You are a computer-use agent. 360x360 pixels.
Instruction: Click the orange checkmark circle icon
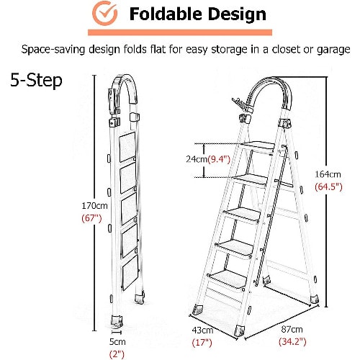pos(104,14)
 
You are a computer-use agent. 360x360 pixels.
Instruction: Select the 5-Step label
pos(36,81)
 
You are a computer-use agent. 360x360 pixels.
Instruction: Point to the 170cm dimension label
pos(94,206)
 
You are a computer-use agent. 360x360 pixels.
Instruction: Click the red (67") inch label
pos(92,218)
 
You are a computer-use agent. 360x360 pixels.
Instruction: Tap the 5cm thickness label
pos(117,341)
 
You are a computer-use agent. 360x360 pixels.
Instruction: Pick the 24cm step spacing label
pos(197,159)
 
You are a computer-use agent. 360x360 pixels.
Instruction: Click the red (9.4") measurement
pos(219,159)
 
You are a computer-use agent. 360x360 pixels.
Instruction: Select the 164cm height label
pos(328,174)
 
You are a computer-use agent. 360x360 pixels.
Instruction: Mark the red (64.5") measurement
pos(328,186)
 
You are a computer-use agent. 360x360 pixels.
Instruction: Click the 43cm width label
pos(202,330)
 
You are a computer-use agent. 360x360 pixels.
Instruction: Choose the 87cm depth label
pos(292,329)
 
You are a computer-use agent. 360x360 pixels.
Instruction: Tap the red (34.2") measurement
pos(292,341)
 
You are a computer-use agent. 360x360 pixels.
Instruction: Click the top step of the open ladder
pos(258,147)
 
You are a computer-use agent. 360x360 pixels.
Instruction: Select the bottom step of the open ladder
pos(227,279)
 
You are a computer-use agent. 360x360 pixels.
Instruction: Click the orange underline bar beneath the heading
pos(180,32)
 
